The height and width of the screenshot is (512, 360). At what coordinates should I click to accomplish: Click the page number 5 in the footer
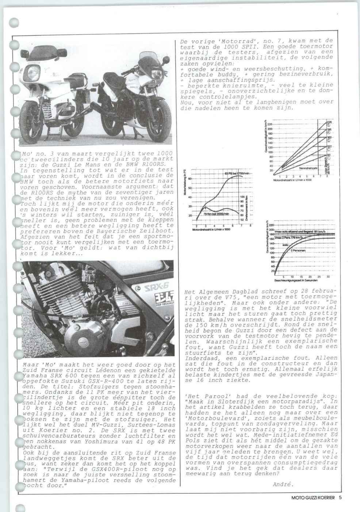340,497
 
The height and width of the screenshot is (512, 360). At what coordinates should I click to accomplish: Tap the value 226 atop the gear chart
329,122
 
